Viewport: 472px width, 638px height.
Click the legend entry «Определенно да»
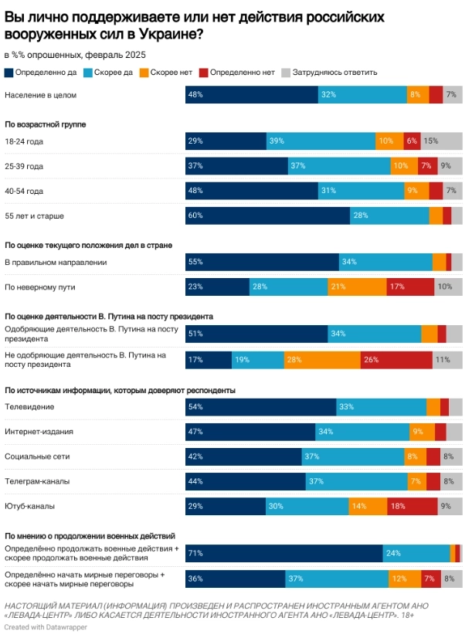coord(42,73)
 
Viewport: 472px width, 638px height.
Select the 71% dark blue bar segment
coord(284,553)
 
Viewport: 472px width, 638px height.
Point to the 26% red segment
coord(396,360)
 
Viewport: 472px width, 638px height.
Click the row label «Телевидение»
coord(29,407)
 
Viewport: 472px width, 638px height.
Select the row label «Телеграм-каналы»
coord(37,481)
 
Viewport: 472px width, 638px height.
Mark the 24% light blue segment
coord(416,553)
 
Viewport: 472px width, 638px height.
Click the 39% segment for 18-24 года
coord(321,141)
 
